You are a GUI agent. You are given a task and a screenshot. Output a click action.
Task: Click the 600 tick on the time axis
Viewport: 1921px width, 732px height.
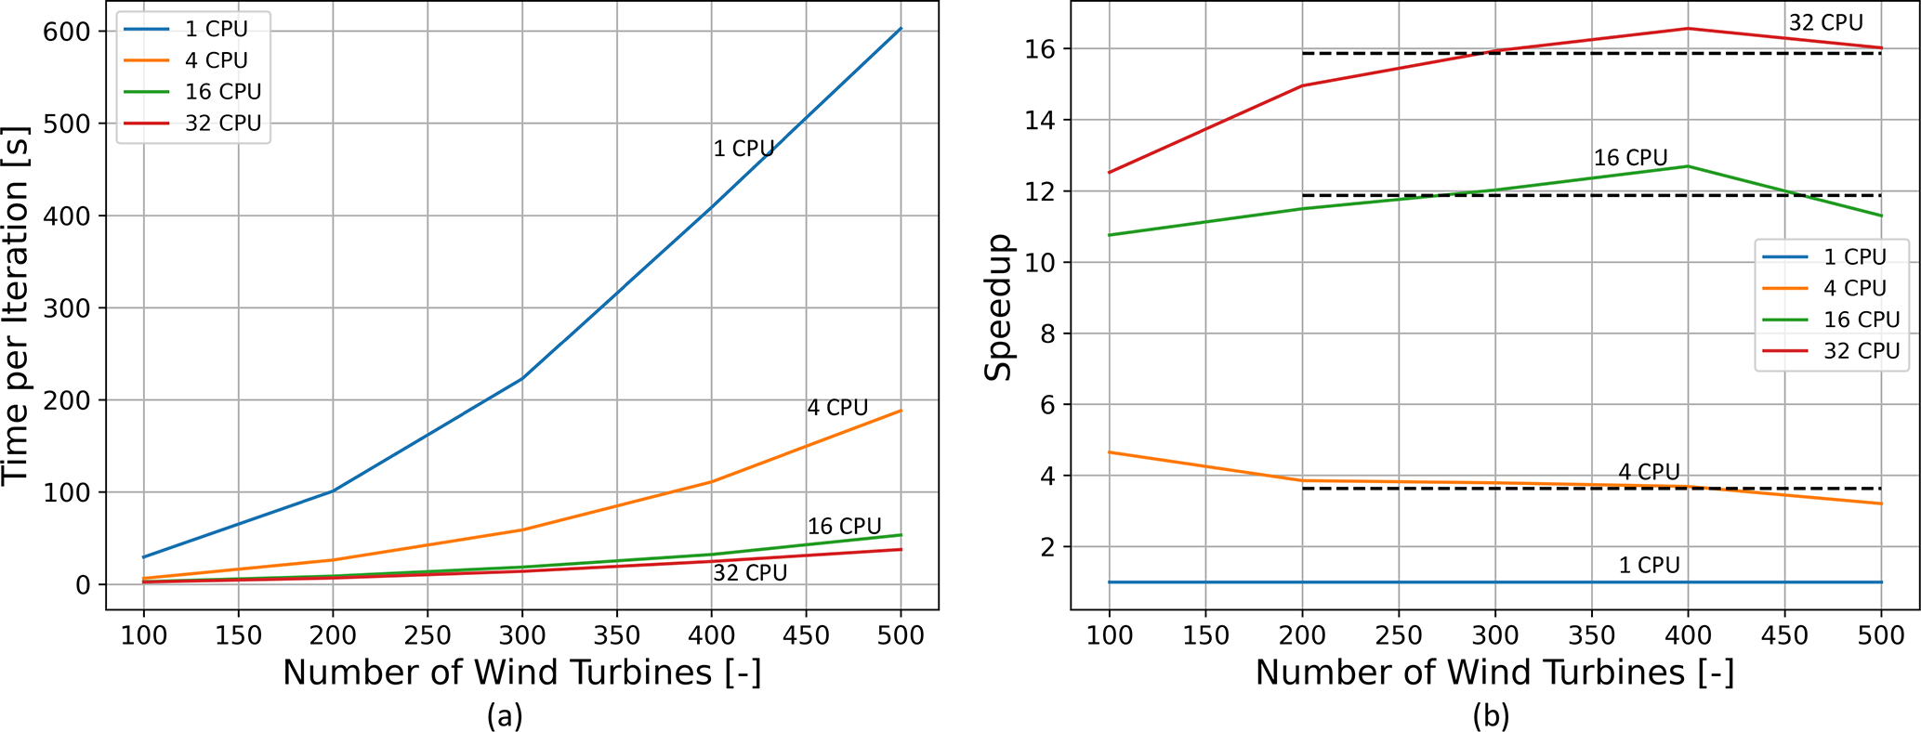(67, 32)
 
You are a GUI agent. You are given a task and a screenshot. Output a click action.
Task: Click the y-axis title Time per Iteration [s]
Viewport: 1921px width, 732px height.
(17, 307)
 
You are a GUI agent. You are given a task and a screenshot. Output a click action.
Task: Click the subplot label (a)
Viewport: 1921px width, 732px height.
(505, 715)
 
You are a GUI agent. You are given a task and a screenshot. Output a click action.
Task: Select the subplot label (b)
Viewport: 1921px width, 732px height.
(1491, 715)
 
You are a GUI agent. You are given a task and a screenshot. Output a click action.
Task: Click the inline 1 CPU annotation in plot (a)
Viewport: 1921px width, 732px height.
(743, 149)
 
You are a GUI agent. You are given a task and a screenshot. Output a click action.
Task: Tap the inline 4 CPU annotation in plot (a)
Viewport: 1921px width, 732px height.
(836, 408)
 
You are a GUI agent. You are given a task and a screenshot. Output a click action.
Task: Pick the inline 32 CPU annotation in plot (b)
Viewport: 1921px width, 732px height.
(1825, 23)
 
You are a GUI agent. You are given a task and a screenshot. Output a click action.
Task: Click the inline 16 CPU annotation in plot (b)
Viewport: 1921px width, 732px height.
(1630, 158)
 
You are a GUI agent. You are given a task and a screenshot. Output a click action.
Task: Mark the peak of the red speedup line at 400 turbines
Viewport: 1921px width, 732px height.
(1688, 29)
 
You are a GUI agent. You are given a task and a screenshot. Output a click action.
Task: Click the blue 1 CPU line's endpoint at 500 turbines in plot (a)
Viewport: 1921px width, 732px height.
(901, 29)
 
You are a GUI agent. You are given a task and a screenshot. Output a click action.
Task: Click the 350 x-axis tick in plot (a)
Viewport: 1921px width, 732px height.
(616, 635)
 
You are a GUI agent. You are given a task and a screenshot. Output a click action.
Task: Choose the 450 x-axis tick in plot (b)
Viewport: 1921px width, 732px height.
(1783, 635)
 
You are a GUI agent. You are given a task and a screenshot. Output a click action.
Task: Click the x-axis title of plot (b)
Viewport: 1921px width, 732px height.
(1494, 673)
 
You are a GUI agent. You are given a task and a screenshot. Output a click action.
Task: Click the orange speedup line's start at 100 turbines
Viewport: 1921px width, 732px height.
(1109, 452)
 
